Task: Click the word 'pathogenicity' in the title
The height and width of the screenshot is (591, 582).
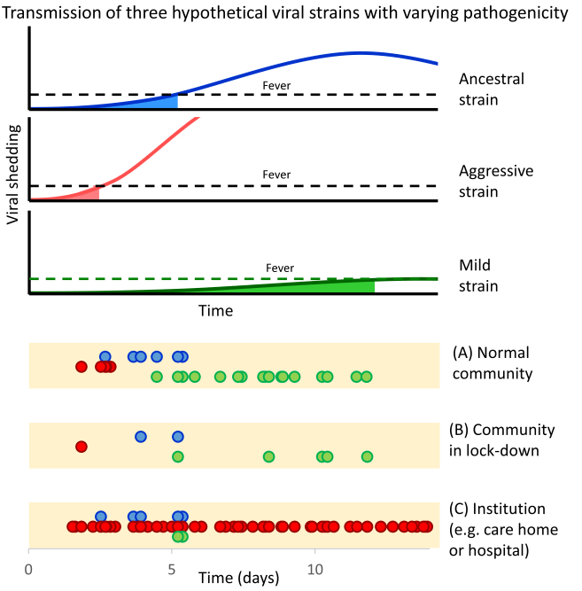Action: [513, 13]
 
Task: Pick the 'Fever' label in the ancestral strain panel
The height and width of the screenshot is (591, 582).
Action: [276, 86]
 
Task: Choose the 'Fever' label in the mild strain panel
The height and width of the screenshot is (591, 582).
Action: [280, 268]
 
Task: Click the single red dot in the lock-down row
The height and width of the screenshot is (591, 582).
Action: [81, 447]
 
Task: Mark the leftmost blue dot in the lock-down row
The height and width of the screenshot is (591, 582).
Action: [141, 437]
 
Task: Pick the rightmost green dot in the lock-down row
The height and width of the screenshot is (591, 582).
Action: [367, 456]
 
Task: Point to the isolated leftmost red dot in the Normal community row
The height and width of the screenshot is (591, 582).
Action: [81, 366]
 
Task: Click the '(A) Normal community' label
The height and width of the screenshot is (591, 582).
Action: [493, 362]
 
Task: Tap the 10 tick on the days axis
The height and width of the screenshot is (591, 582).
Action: [314, 572]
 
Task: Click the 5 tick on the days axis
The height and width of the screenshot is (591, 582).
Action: [172, 572]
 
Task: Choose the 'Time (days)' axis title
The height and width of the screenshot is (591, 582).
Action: [239, 579]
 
